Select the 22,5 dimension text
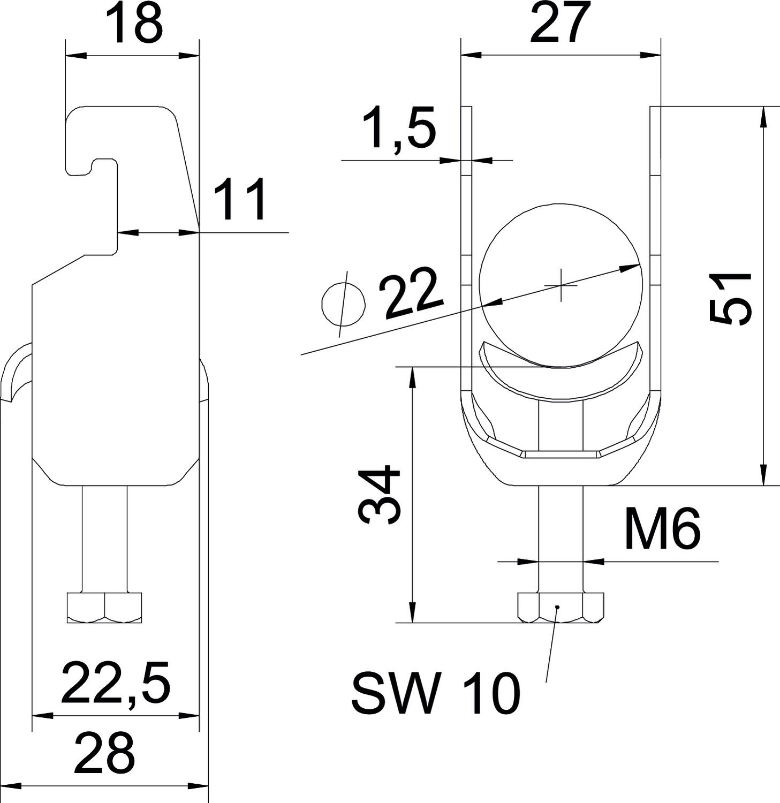pyautogui.click(x=116, y=683)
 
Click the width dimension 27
pyautogui.click(x=561, y=22)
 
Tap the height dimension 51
pyautogui.click(x=730, y=298)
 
